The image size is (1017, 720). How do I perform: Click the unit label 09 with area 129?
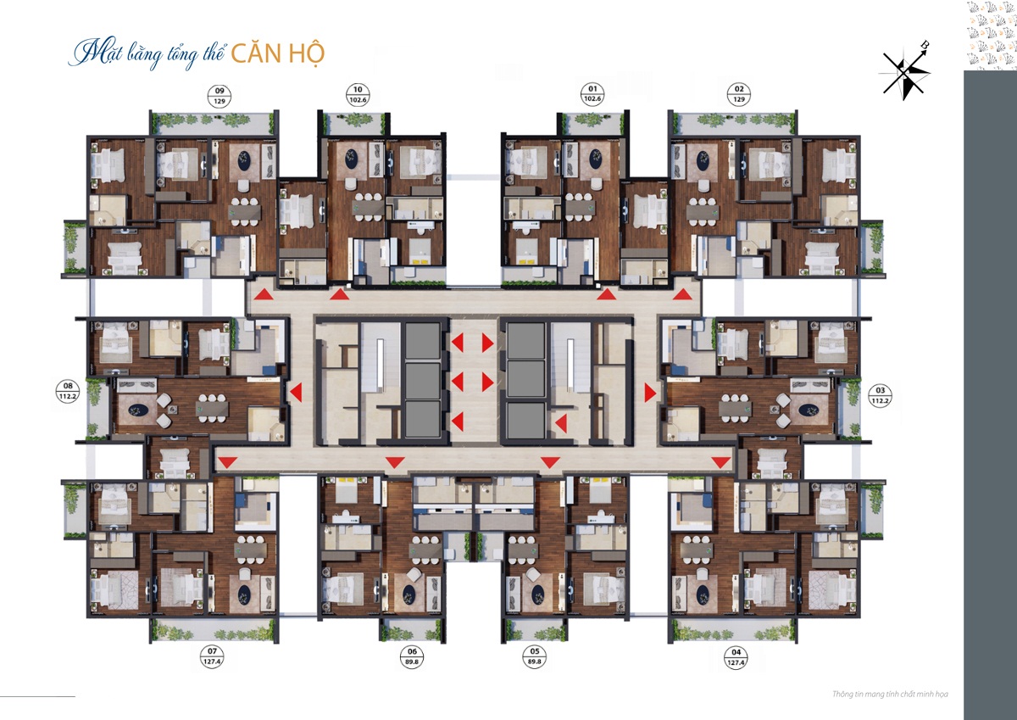[x=220, y=94]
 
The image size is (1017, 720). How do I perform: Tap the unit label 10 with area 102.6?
[x=358, y=94]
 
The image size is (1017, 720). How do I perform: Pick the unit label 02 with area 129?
[x=738, y=94]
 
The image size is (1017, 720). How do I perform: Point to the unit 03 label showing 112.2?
[x=879, y=395]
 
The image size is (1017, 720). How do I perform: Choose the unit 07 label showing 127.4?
[x=210, y=657]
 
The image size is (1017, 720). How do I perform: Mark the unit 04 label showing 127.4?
[x=734, y=657]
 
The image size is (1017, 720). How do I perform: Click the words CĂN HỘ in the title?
[x=278, y=50]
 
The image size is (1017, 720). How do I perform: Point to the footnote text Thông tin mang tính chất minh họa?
[x=890, y=695]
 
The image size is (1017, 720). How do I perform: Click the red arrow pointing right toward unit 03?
[x=650, y=393]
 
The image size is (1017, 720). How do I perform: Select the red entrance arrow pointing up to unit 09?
[x=264, y=294]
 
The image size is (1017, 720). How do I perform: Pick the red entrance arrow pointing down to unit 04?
[x=720, y=462]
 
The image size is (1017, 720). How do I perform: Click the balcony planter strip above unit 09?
[x=214, y=121]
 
